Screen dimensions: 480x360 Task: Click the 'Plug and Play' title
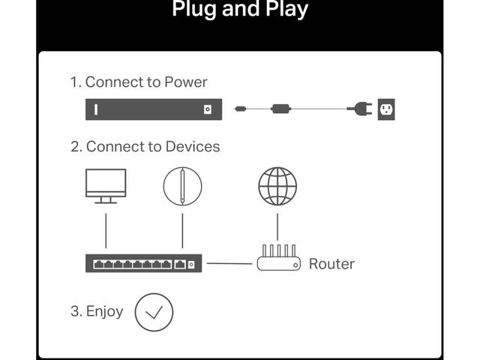240,8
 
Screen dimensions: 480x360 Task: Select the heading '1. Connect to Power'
139,82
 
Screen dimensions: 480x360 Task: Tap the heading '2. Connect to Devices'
145,146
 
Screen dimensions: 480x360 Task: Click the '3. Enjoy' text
97,312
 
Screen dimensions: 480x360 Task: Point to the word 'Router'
331,264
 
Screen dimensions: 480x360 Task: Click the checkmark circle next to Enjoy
154,312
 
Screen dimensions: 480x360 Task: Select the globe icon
277,186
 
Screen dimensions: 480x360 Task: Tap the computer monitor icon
106,186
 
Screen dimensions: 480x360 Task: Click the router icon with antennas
278,257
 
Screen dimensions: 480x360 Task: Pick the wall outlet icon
386,109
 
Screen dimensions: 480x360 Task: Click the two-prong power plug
360,109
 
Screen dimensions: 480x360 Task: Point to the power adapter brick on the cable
280,109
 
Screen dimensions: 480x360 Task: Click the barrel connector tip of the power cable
240,109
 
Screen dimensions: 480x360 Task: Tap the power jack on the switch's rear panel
208,109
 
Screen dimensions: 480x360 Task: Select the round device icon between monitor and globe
182,186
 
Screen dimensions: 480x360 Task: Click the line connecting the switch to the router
229,263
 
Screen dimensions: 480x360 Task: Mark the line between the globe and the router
277,226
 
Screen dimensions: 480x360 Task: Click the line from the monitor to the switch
106,231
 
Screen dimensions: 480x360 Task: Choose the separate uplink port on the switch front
180,264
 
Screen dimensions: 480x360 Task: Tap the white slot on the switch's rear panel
96,109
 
